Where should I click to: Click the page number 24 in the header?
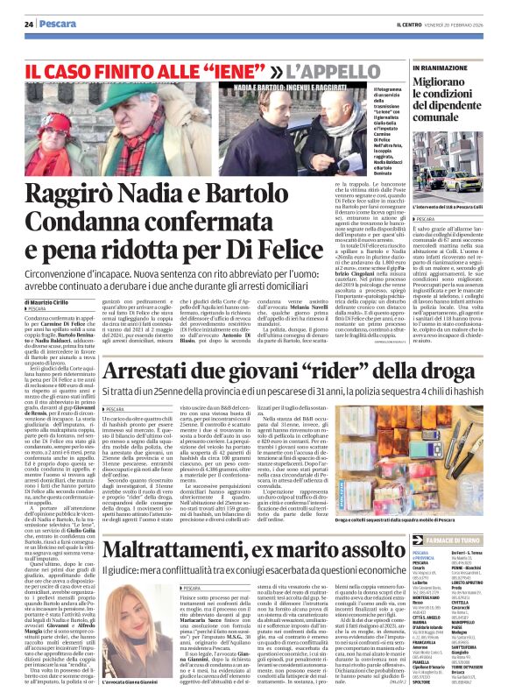click(x=29, y=23)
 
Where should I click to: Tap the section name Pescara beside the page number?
click(x=53, y=23)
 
